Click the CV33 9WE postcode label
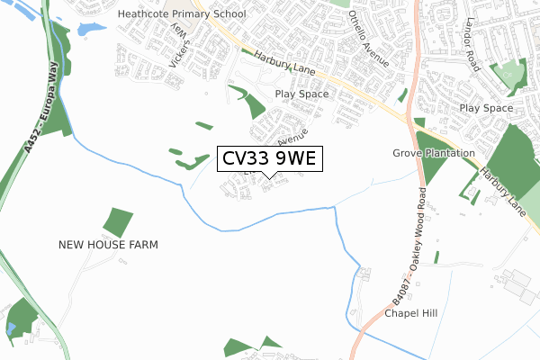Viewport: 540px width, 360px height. click(269, 159)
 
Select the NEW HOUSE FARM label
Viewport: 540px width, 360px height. click(108, 244)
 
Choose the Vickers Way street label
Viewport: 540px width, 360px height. click(181, 49)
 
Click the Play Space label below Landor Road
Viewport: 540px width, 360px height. click(485, 108)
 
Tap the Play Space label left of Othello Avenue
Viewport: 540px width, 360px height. click(301, 94)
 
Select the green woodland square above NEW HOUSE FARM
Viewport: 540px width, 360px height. click(117, 222)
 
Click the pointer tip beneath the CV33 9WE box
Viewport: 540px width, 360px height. click(269, 177)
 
